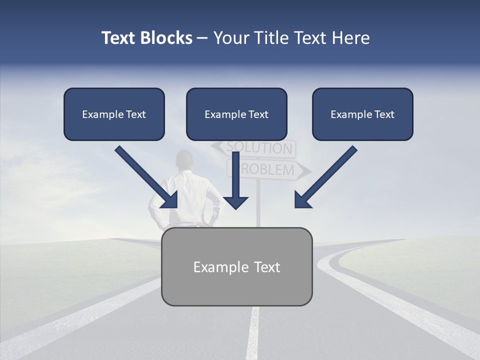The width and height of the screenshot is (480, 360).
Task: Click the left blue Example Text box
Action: [114, 114]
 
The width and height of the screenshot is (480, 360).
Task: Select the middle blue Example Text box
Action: [236, 114]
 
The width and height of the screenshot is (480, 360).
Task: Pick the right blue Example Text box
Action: [362, 114]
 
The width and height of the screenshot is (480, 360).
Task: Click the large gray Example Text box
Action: [237, 267]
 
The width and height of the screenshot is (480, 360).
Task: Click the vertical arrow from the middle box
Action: [236, 180]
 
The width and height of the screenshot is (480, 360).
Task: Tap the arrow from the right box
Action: [325, 177]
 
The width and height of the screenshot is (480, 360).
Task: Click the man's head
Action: [185, 160]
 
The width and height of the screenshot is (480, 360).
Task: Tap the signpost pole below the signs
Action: [258, 205]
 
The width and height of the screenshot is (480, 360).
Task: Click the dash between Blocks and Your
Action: [202, 38]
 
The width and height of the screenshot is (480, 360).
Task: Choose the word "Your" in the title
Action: [231, 38]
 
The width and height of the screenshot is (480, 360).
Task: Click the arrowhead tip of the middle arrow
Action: [236, 207]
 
